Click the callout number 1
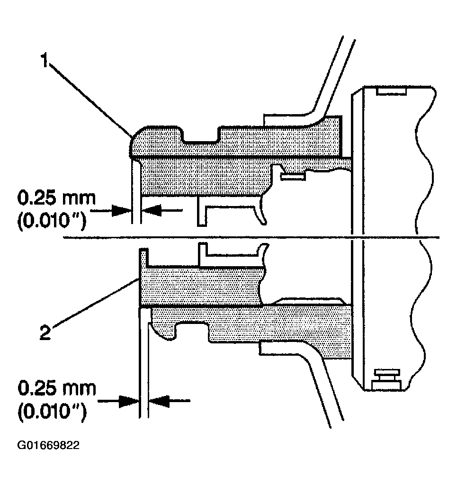pyautogui.click(x=46, y=61)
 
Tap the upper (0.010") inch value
pyautogui.click(x=52, y=221)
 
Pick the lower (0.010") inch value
pyautogui.click(x=52, y=413)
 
